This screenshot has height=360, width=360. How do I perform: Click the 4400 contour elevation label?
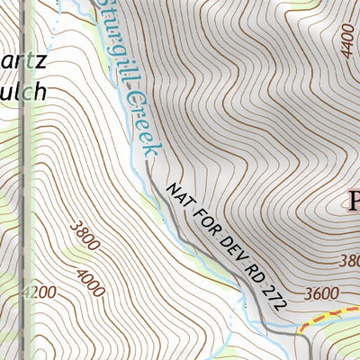click(x=348, y=41)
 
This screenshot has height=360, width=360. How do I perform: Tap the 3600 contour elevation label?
click(x=321, y=292)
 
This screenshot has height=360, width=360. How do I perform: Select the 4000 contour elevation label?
click(x=92, y=282)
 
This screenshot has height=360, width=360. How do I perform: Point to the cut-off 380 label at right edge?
click(x=349, y=261)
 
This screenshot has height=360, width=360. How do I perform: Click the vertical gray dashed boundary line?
click(x=31, y=180)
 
